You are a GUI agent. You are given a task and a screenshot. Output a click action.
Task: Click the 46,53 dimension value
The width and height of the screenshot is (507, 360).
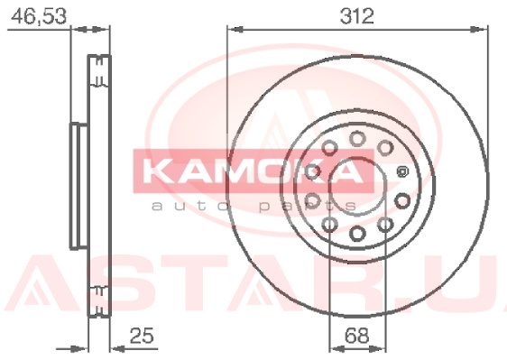point(39,16)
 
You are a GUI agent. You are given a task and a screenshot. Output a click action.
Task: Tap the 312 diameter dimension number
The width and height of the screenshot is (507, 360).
point(356,16)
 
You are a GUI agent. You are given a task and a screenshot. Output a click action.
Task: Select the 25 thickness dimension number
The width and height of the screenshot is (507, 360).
point(142,336)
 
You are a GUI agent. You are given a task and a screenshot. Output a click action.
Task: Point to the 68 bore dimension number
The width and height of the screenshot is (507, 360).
point(356,336)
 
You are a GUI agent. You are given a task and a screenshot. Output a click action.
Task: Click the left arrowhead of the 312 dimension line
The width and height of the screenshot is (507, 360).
point(235,30)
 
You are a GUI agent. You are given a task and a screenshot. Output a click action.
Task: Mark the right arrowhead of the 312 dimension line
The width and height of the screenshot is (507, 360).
point(479,30)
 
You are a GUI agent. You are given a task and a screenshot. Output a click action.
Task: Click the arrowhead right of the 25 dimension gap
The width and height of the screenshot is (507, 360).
point(117,349)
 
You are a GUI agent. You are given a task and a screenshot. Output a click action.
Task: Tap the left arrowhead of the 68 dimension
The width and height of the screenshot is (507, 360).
point(337,349)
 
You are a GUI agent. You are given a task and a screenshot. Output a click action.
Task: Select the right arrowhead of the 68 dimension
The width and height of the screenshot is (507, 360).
point(377,349)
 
